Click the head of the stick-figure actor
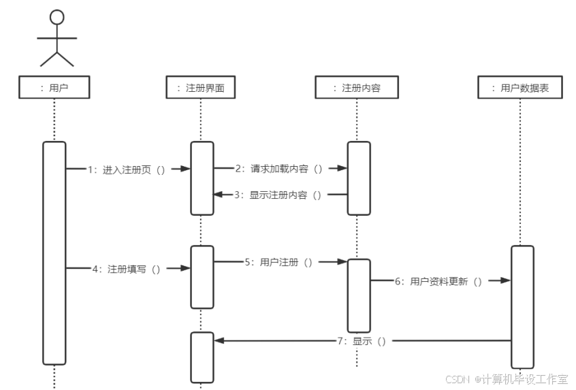pos(57,16)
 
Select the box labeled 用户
pos(54,88)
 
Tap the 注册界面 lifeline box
pos(200,88)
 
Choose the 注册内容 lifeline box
pos(356,88)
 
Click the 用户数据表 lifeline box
pos(519,88)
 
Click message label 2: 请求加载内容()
pos(278,168)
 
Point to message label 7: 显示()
pos(360,341)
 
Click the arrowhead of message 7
pos(218,340)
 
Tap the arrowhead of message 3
pos(218,195)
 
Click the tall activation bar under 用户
pos(54,252)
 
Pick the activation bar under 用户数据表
pos(522,306)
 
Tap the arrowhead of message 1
pos(186,169)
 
